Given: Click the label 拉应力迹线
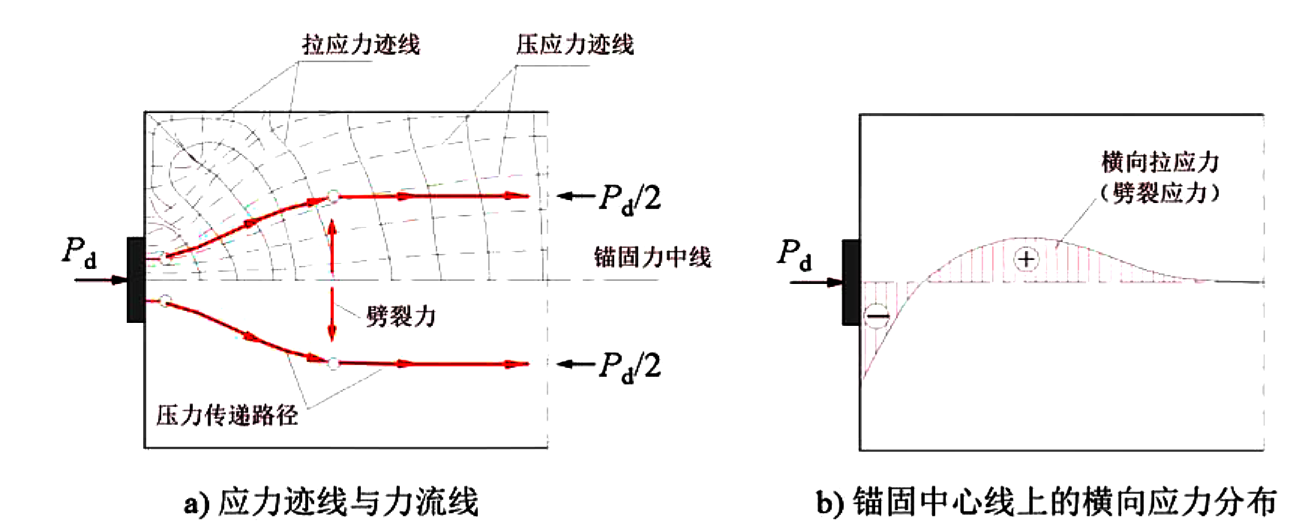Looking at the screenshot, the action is coord(361,45).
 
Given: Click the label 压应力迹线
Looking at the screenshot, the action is coord(575,45).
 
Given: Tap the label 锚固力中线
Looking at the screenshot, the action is coord(652,257).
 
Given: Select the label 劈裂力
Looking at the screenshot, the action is coord(401,316).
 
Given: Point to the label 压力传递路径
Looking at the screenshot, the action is coord(227,415).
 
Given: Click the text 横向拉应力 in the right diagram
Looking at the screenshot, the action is coord(1160,162).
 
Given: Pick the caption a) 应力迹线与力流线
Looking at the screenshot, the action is coord(331,501).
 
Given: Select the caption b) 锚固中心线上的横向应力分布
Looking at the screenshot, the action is coord(1047,501).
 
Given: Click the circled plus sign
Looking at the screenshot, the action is coord(1026,259).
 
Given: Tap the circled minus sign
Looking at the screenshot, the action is coord(877,315).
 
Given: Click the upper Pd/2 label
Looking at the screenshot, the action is coord(630,199).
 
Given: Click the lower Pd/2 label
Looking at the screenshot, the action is coord(630,366).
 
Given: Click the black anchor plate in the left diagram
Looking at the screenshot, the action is coord(136,279).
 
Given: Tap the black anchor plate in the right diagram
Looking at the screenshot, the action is coord(851,282).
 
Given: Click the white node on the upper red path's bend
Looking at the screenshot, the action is coord(333,197).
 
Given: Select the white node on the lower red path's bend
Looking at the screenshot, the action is coord(333,363).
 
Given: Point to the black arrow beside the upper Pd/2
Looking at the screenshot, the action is coord(575,196).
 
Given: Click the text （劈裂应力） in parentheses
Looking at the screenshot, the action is coord(1160,193).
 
